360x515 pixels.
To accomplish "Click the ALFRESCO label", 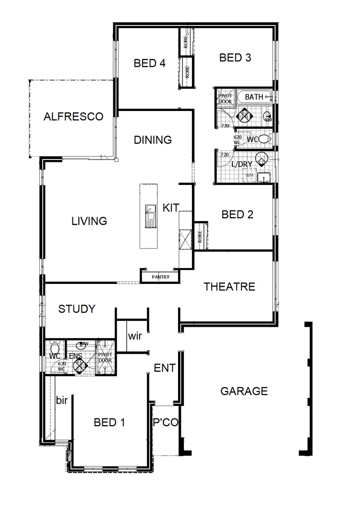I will (x=73, y=116).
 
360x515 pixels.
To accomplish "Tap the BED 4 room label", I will (x=150, y=63).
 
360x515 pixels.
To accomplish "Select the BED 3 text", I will (x=235, y=58).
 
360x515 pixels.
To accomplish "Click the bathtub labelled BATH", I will (x=254, y=97).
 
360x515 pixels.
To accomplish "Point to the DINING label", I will (x=153, y=140).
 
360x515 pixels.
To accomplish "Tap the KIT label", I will (x=170, y=208).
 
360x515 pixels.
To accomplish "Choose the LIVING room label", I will (x=89, y=221).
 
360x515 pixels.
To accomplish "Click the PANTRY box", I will (x=160, y=277).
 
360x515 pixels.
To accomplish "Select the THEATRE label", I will (x=229, y=287).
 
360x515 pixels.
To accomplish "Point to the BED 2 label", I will (x=237, y=214).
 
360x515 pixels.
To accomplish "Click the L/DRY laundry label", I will (x=242, y=164).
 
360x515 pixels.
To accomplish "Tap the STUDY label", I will (x=77, y=309).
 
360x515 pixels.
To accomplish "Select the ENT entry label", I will (x=164, y=368).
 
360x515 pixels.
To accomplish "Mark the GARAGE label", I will (x=244, y=391).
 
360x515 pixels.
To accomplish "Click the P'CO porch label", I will (x=166, y=423).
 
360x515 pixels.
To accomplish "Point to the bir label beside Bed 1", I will (x=61, y=400).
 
